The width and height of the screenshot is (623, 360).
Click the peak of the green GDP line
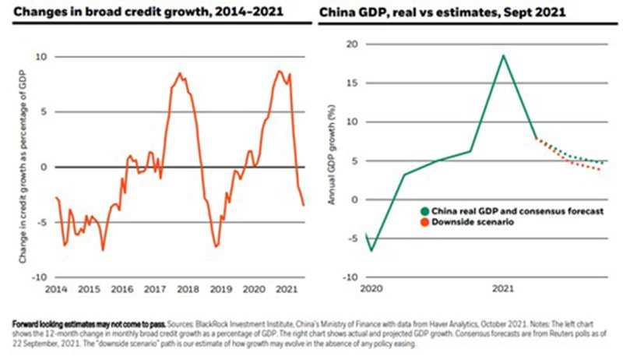click(x=502, y=55)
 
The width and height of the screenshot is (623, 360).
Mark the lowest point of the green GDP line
click(x=371, y=250)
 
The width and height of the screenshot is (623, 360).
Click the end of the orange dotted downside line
click(x=601, y=170)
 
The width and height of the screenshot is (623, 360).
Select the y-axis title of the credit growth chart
click(x=24, y=167)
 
